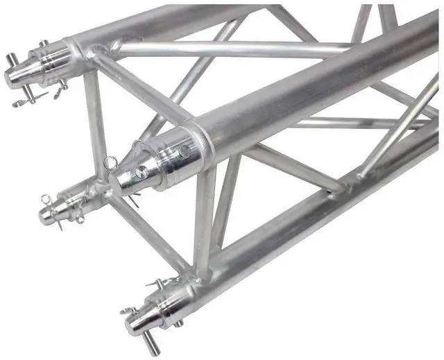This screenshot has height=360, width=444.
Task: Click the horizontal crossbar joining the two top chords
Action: tap(229, 48)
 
